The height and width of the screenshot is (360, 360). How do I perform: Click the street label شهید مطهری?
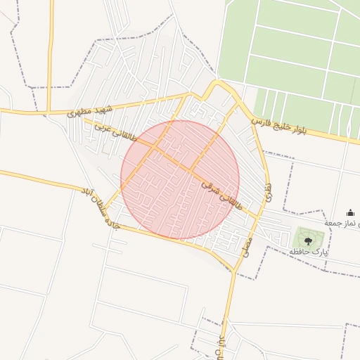click(x=91, y=110)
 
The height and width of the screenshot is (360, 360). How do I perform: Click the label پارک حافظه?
click(x=309, y=251)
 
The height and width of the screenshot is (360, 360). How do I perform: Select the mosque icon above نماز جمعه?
click(x=350, y=213)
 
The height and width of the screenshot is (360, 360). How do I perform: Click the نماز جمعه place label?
click(x=342, y=223)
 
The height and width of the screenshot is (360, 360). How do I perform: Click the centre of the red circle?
click(x=180, y=179)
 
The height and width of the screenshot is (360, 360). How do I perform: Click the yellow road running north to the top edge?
click(x=51, y=42)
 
